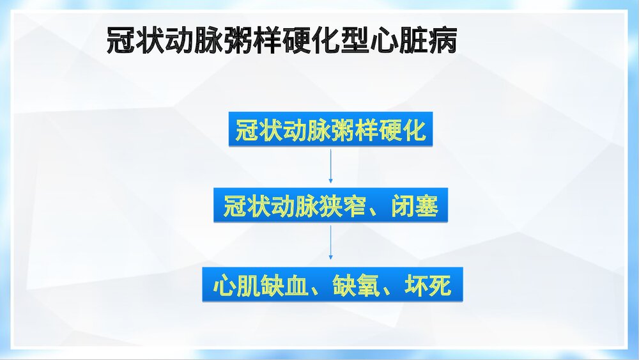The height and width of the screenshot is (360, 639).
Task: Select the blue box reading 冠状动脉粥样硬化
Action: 330,130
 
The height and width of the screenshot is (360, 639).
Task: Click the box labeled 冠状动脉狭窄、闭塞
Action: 330,207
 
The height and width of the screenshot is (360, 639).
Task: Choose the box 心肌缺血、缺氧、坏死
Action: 332,286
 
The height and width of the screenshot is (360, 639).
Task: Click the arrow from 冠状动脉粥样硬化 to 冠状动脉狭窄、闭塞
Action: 330,167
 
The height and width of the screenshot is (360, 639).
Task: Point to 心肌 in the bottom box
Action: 236,286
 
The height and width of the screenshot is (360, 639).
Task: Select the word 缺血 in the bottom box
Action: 285,286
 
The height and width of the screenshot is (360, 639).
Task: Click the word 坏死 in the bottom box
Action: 429,286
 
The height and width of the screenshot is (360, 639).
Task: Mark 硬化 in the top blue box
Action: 401,130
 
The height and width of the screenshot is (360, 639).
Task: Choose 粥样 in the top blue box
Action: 354,130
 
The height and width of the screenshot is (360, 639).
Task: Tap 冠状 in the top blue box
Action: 259,130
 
